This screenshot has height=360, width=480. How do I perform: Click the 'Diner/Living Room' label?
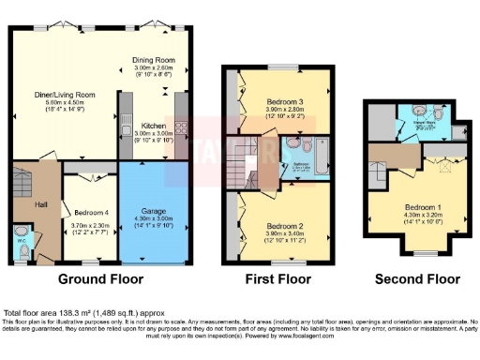point(65,95)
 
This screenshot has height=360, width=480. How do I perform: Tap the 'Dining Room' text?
point(156,60)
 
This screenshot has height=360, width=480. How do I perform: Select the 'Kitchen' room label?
point(154,125)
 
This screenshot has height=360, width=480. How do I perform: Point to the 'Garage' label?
point(153,211)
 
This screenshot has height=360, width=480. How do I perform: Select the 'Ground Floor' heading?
point(100,279)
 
